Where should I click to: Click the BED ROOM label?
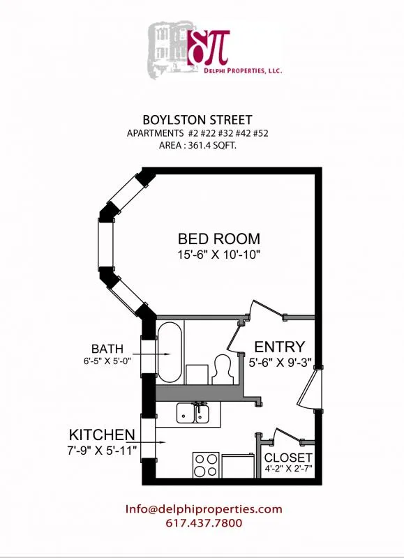[x=218, y=239]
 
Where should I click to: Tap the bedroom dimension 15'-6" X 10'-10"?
[x=218, y=255]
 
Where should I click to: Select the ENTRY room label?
[x=279, y=347]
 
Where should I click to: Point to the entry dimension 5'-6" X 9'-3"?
[x=279, y=363]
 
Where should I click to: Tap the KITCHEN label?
[x=101, y=432]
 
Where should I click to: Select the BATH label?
[x=107, y=348]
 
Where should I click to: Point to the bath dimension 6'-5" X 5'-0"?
[x=107, y=361]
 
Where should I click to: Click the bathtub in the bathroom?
[x=170, y=352]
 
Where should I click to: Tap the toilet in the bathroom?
[x=223, y=368]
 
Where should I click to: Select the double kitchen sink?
[x=194, y=414]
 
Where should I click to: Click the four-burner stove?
[x=205, y=465]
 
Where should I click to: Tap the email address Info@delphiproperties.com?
[x=204, y=509]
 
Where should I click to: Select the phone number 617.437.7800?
[x=204, y=523]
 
